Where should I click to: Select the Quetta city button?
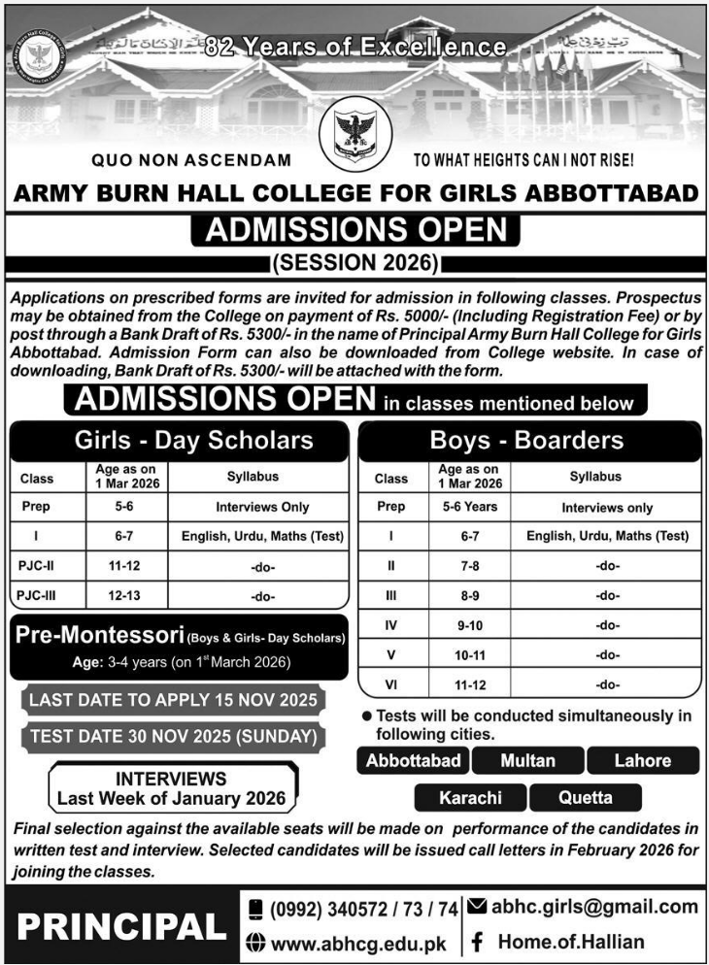(586, 798)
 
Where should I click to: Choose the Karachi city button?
(470, 798)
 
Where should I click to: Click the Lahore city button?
(642, 760)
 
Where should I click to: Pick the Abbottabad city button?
(413, 760)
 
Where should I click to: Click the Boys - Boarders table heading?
(526, 441)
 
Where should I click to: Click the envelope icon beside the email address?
(477, 907)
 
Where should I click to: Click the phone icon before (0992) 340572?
(256, 909)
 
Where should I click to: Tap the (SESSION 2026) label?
(354, 262)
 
